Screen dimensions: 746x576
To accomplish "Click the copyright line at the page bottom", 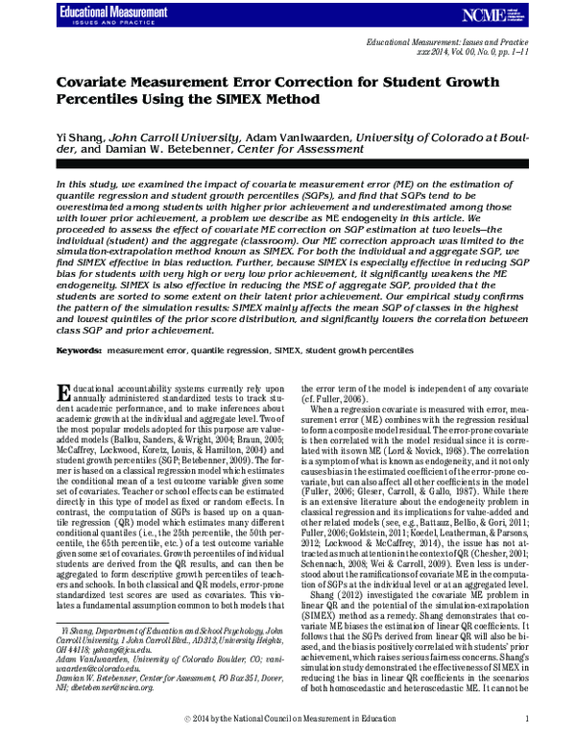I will tap(287, 717).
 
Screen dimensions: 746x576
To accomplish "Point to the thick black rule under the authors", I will tap(288, 163).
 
